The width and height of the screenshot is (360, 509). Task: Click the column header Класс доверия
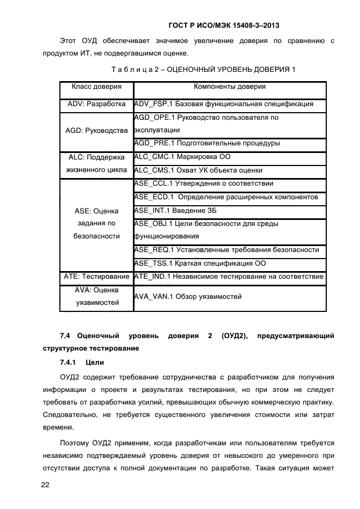click(x=96, y=87)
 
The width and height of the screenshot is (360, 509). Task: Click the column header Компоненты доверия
click(x=229, y=87)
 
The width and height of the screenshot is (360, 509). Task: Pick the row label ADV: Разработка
click(x=96, y=103)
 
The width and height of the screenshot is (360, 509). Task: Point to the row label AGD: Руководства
click(x=96, y=131)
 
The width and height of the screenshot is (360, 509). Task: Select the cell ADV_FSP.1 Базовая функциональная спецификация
click(x=223, y=103)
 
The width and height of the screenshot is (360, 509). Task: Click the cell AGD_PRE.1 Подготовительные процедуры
click(x=207, y=143)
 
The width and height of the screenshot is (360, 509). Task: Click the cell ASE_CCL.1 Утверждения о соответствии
click(x=203, y=183)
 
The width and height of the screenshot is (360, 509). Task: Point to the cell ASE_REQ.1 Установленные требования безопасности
click(x=226, y=249)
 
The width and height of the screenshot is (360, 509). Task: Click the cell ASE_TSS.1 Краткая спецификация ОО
click(x=199, y=263)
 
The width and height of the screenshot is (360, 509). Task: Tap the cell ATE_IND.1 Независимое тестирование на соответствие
click(x=229, y=277)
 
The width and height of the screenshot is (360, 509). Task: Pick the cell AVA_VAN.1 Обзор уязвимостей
click(x=187, y=297)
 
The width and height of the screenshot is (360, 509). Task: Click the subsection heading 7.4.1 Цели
click(x=82, y=362)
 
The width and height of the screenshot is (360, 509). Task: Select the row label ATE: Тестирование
click(x=96, y=277)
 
